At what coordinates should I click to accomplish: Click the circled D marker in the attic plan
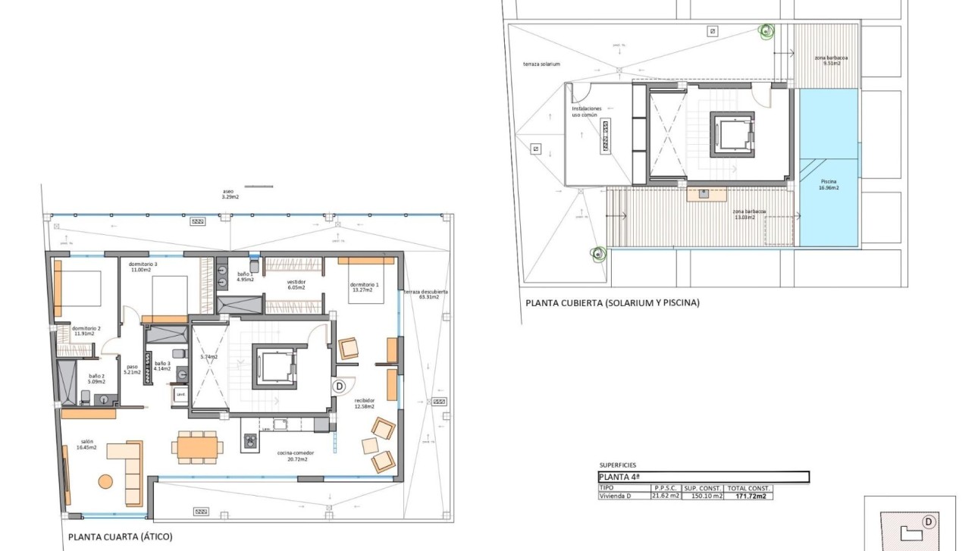coord(340,386)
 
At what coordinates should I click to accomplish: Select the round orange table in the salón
coord(105,481)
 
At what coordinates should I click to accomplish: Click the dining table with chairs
coord(197,446)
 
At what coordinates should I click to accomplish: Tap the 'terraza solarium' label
coord(541,64)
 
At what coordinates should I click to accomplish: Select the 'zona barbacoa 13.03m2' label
coord(748,214)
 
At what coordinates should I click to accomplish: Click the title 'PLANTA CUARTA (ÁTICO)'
coord(120,537)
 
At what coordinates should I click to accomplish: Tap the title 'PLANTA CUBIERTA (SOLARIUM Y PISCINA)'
coord(612,302)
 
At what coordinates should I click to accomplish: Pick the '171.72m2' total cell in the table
coord(748,496)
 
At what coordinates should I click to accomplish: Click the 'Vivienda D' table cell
coord(616,496)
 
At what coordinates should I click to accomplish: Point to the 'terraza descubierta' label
coord(425,294)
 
